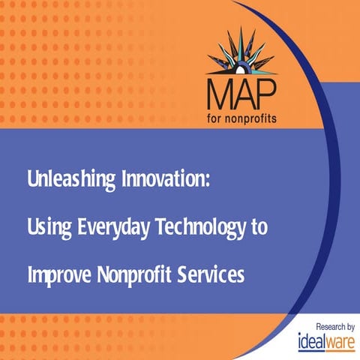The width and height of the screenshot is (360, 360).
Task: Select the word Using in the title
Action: [x=46, y=228]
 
